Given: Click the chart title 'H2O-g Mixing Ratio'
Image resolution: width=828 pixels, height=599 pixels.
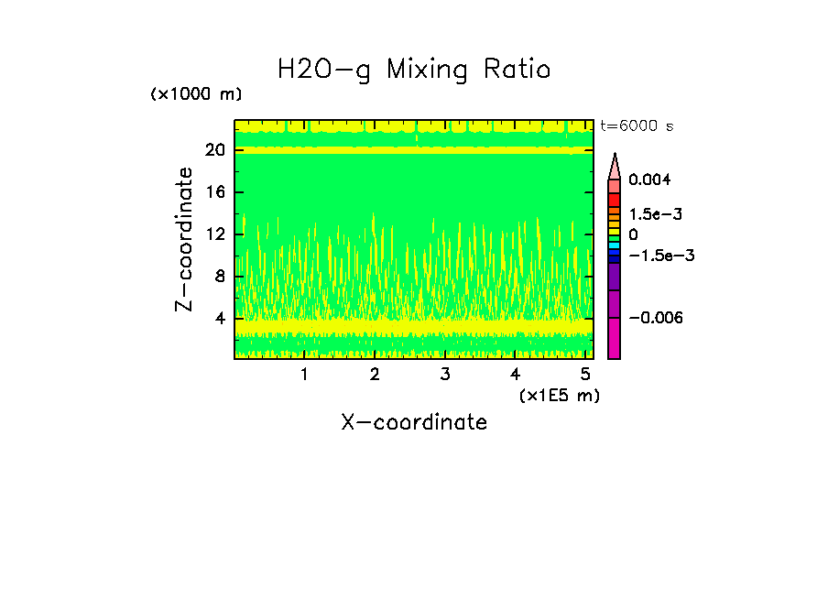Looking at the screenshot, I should [414, 70].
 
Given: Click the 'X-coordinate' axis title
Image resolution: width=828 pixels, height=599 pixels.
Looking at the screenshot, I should [414, 422].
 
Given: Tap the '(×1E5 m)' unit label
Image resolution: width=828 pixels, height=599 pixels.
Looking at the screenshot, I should [559, 395].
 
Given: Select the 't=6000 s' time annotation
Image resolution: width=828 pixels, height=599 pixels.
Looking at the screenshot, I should [637, 126].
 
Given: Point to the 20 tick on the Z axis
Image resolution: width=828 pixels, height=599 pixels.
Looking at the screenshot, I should [215, 150].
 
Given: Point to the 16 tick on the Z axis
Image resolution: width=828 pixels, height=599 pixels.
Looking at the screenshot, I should [215, 192].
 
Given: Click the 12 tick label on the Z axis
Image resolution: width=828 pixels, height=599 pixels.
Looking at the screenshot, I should [215, 234].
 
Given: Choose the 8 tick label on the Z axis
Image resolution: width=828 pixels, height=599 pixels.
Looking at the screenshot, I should [220, 277].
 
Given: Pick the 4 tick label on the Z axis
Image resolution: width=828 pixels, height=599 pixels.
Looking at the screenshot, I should [220, 319].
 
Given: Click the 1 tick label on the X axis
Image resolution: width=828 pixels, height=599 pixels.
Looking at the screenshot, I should [304, 375].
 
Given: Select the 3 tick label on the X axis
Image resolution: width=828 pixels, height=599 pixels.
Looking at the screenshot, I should [445, 375].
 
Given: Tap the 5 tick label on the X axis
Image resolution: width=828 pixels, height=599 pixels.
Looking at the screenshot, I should [586, 375].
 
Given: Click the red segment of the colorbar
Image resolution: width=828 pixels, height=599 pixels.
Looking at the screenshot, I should [614, 200].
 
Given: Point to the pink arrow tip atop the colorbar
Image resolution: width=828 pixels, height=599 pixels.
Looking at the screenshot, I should [614, 165].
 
